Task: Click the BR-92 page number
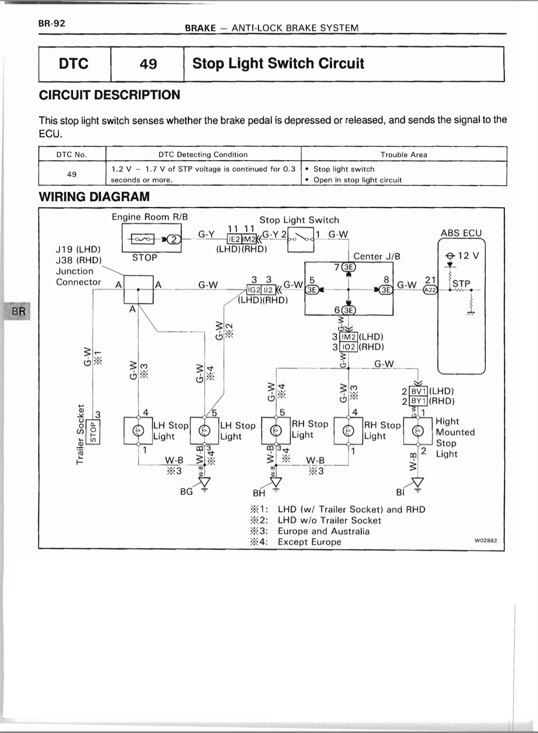point(52,23)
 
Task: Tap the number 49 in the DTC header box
point(148,63)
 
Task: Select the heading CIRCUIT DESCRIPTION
point(109,95)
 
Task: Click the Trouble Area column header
point(403,155)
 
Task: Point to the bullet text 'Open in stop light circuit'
point(357,180)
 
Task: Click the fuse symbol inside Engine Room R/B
point(142,239)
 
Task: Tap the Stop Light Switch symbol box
point(301,239)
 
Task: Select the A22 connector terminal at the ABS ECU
point(430,289)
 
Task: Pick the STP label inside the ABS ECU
point(461,283)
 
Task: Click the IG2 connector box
point(254,289)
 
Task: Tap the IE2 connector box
point(234,239)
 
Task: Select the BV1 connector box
point(418,391)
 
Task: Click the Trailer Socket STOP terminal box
point(93,432)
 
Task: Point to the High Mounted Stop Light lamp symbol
point(418,431)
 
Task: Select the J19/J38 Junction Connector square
point(138,289)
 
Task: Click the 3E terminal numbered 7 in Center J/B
point(349,267)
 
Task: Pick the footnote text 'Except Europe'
point(309,542)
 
